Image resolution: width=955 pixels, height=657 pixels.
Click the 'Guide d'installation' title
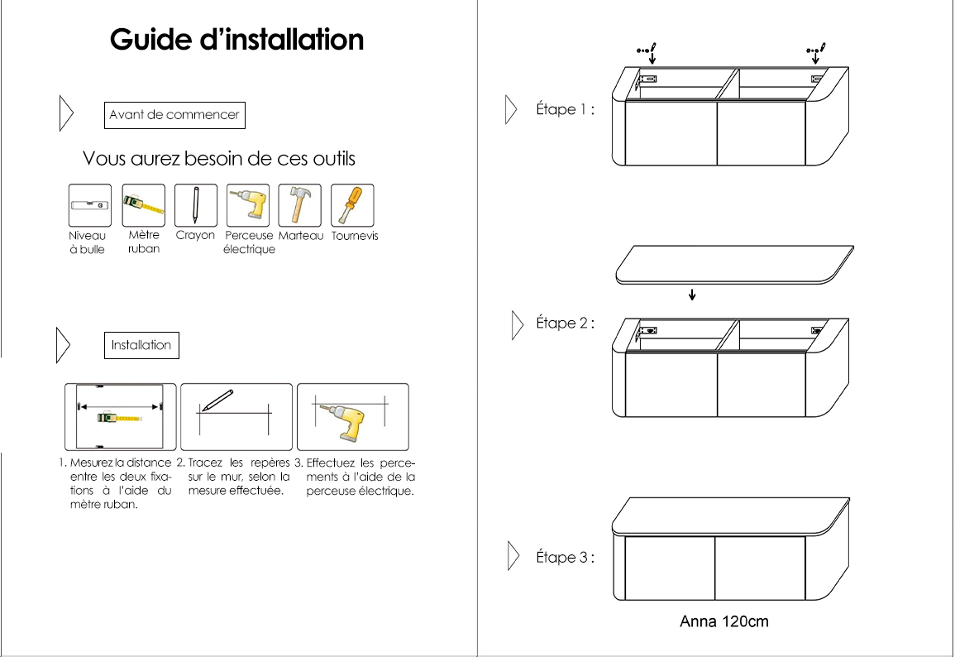(236, 40)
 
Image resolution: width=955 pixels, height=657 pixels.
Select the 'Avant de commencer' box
(174, 115)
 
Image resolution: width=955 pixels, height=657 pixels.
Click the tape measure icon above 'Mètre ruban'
(143, 204)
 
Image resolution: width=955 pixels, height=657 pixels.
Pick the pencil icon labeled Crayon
(196, 204)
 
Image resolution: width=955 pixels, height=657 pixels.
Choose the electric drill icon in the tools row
(249, 204)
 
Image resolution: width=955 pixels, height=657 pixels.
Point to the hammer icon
(299, 204)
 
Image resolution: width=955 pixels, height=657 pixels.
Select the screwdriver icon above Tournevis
(352, 204)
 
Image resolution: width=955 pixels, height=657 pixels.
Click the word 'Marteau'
(301, 236)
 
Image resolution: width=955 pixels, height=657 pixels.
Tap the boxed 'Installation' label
(141, 345)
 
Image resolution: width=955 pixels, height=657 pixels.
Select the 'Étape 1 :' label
(565, 110)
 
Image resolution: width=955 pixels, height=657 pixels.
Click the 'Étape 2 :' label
(565, 324)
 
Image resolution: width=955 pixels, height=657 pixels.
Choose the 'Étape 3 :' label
(565, 558)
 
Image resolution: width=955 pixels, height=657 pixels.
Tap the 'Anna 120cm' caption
(723, 621)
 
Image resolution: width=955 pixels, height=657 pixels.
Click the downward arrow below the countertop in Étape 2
(692, 294)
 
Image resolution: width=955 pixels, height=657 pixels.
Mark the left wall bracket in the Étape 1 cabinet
(647, 79)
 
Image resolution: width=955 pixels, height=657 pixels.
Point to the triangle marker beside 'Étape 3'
(513, 557)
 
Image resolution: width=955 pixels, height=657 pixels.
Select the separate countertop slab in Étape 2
(735, 264)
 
